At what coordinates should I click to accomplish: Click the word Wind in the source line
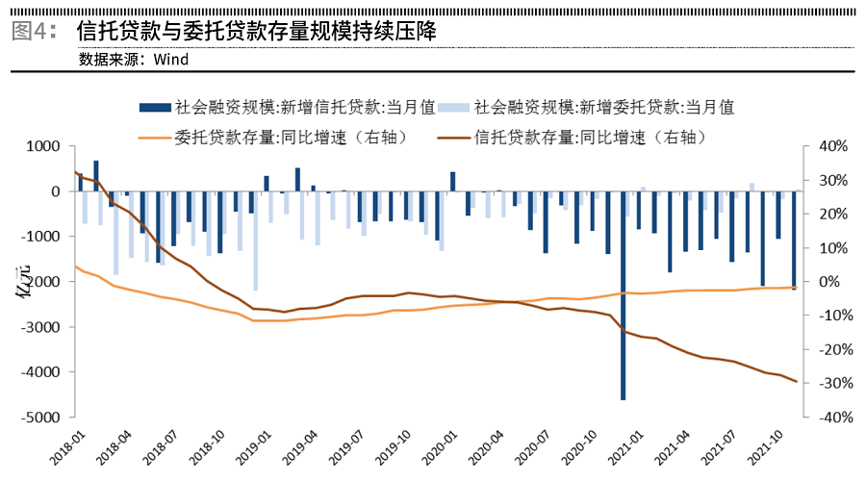tap(169, 59)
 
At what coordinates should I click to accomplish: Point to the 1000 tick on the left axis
tap(43, 146)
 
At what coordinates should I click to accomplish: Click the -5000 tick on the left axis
tap(40, 418)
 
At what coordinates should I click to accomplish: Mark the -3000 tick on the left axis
tap(40, 327)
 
